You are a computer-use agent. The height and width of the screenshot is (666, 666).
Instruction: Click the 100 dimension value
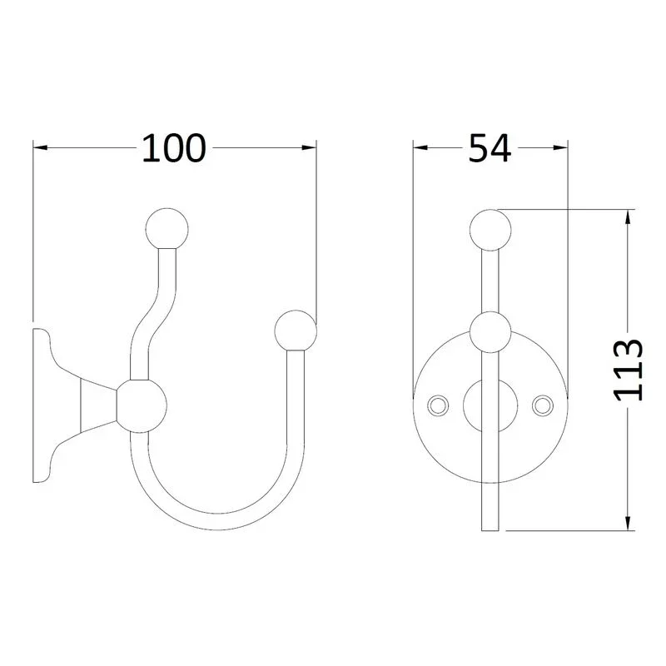pyautogui.click(x=174, y=148)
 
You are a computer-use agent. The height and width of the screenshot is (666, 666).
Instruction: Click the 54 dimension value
pyautogui.click(x=490, y=148)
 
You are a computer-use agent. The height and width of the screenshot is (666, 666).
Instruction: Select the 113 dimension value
pyautogui.click(x=629, y=370)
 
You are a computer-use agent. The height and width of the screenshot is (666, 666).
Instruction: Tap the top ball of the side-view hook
pyautogui.click(x=166, y=229)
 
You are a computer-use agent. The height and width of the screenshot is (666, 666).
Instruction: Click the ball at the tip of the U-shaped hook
pyautogui.click(x=296, y=331)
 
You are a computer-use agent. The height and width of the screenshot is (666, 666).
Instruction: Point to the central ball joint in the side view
pyautogui.click(x=142, y=406)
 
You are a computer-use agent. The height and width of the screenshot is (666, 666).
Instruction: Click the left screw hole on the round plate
pyautogui.click(x=438, y=405)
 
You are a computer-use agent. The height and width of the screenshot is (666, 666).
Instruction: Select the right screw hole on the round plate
pyautogui.click(x=543, y=405)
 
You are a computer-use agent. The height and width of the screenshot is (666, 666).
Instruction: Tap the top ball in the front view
pyautogui.click(x=490, y=230)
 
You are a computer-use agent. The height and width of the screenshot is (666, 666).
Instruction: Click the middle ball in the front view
pyautogui.click(x=490, y=332)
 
